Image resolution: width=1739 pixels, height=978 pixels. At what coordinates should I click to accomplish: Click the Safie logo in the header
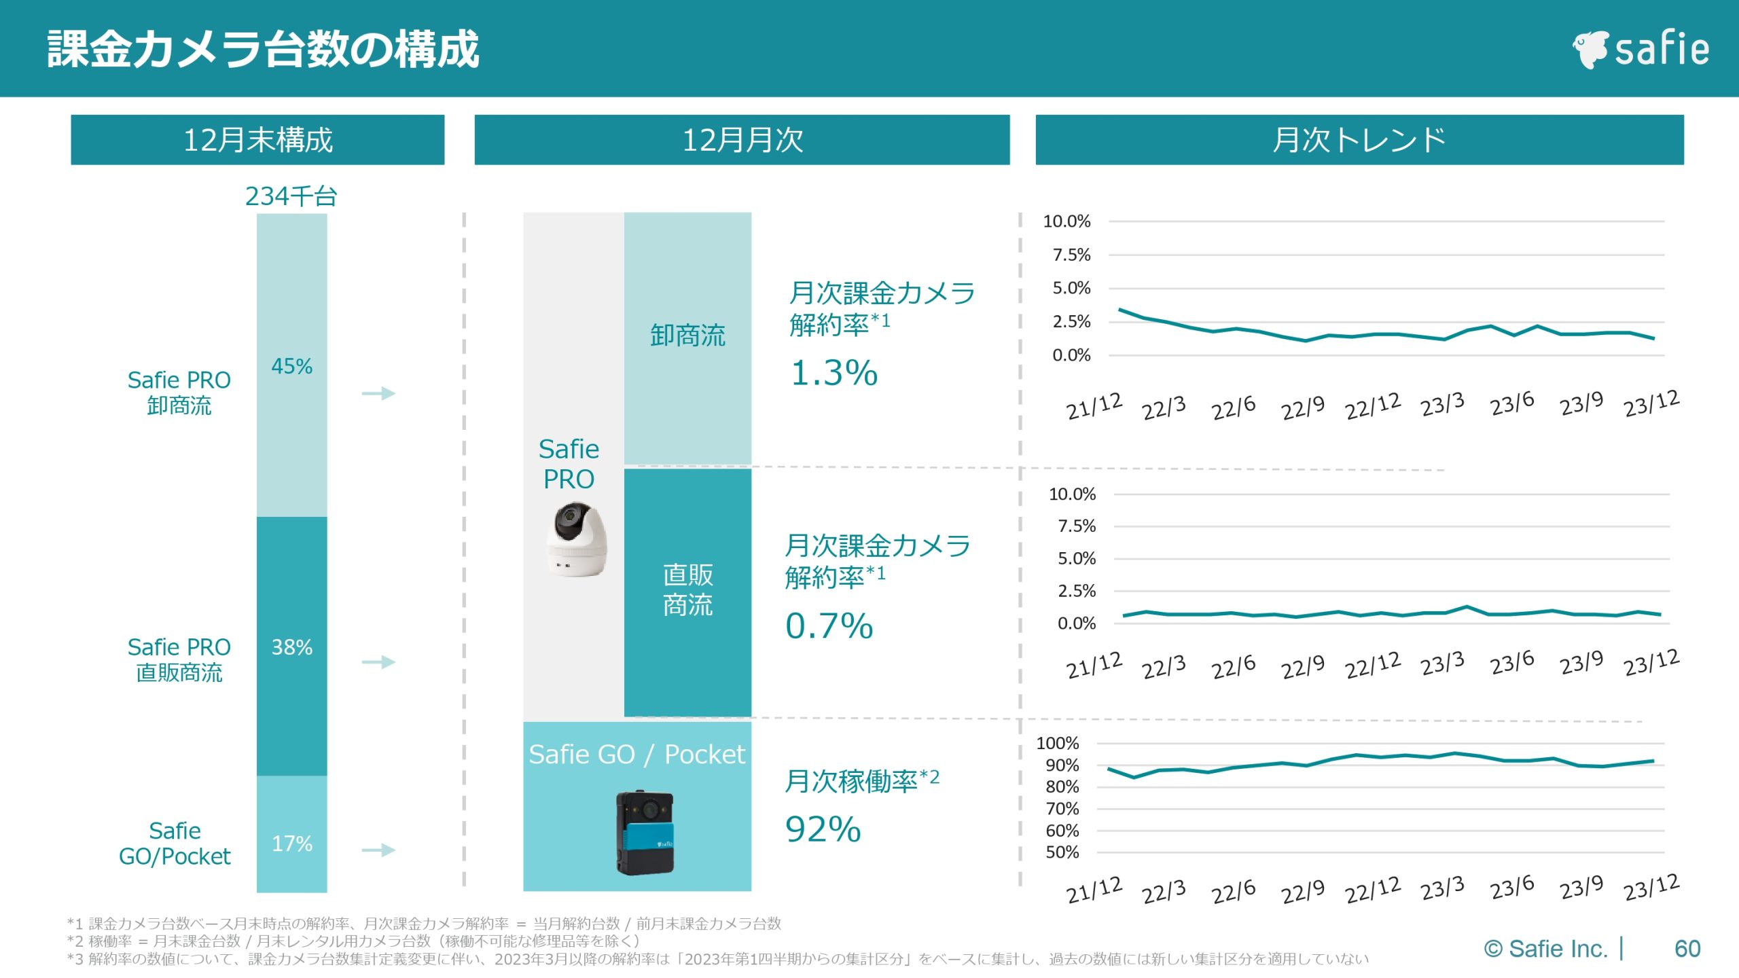tap(1640, 49)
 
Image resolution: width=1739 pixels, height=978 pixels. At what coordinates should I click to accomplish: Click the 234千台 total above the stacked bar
tap(291, 196)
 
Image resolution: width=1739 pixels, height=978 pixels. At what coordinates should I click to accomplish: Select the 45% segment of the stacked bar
tap(291, 366)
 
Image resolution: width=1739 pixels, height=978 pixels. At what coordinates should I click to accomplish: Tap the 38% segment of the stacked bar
tap(291, 647)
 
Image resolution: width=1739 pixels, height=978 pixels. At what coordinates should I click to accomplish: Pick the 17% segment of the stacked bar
tap(291, 843)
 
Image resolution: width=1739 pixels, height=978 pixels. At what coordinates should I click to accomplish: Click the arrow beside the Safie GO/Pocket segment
tap(378, 850)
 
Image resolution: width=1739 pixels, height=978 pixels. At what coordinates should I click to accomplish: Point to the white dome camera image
tap(576, 539)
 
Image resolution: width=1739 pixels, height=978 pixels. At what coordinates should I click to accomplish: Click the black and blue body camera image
tap(645, 832)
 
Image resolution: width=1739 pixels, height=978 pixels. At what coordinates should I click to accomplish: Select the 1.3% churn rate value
tap(834, 373)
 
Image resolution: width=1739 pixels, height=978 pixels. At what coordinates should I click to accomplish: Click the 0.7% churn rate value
tap(829, 626)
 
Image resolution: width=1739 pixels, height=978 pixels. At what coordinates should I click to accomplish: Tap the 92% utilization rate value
tap(823, 829)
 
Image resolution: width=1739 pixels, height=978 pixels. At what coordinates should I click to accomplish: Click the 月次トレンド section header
tap(1359, 140)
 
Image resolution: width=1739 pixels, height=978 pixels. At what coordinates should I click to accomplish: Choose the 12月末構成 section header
tap(257, 140)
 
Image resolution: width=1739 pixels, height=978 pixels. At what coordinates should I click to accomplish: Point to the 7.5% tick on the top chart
tap(1071, 255)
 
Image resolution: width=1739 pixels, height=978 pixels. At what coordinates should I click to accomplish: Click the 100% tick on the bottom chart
tap(1057, 743)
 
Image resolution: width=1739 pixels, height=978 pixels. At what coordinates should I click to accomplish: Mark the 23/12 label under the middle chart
tap(1651, 662)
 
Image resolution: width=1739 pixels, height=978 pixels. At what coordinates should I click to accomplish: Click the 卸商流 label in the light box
tap(687, 335)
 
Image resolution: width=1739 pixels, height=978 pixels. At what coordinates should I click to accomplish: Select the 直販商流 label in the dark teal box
tap(687, 590)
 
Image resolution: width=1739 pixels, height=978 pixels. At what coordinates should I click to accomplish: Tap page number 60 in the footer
tap(1687, 948)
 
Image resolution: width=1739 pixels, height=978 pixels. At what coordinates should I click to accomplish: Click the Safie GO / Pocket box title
tap(637, 754)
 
